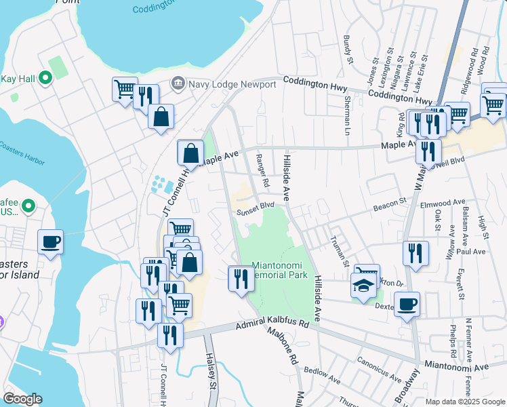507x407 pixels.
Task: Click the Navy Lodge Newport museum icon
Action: point(178,84)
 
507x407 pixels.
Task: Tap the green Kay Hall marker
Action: point(46,79)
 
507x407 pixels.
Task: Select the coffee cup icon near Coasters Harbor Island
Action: point(51,241)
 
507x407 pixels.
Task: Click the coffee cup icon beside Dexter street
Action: point(407,305)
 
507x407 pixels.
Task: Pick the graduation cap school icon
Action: point(363,286)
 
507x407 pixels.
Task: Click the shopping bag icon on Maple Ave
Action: point(191,153)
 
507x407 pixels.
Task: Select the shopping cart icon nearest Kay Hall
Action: point(125,90)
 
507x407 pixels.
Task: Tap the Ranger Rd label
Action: point(262,170)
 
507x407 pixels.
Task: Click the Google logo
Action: point(22,399)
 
